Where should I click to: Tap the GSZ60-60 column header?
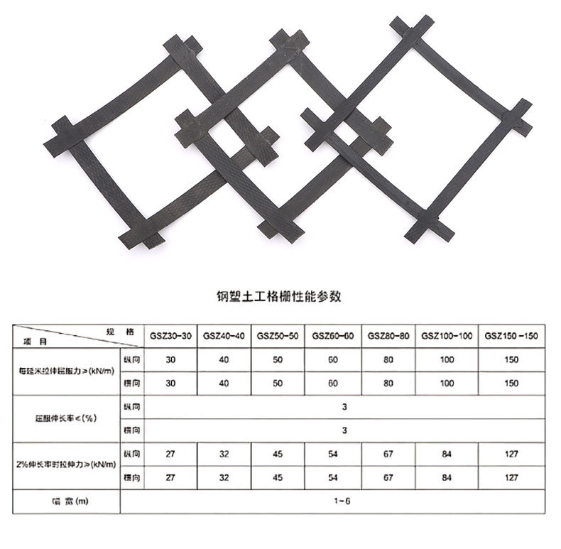(334, 335)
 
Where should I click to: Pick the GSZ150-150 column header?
(510, 335)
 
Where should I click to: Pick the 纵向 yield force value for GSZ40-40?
(224, 360)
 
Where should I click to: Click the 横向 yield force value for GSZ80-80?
(387, 384)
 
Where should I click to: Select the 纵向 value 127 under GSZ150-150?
(510, 453)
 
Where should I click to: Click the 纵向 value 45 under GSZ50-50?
(279, 453)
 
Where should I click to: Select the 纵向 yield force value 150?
(510, 360)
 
